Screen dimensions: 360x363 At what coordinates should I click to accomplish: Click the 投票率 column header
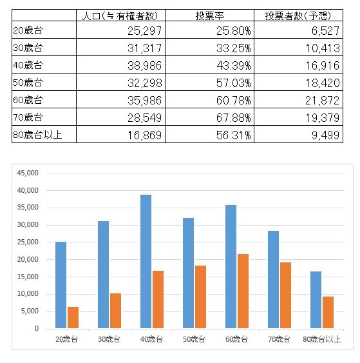[x=209, y=15]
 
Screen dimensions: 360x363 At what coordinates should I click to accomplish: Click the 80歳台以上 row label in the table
[x=37, y=135]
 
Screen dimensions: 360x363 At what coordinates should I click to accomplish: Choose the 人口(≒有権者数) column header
[x=120, y=15]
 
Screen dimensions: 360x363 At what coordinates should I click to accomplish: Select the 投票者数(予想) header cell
[x=298, y=15]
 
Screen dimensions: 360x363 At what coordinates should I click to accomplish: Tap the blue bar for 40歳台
[x=146, y=261]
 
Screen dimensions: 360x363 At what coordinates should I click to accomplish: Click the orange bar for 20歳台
[x=73, y=318]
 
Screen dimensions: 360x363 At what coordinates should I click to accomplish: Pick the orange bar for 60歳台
[x=243, y=291]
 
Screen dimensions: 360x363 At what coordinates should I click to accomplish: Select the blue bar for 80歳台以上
[x=316, y=300]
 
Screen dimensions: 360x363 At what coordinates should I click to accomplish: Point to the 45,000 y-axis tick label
[x=28, y=173]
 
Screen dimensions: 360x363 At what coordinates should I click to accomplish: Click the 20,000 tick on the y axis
[x=28, y=260]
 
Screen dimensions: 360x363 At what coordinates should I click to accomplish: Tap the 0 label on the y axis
[x=37, y=328]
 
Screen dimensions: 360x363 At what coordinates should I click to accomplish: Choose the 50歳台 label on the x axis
[x=194, y=339]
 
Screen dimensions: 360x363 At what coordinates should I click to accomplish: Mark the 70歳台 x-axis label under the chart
[x=279, y=339]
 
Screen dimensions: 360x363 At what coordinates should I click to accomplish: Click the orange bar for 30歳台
[x=115, y=311]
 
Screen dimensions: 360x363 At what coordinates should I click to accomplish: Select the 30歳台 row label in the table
[x=28, y=48]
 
